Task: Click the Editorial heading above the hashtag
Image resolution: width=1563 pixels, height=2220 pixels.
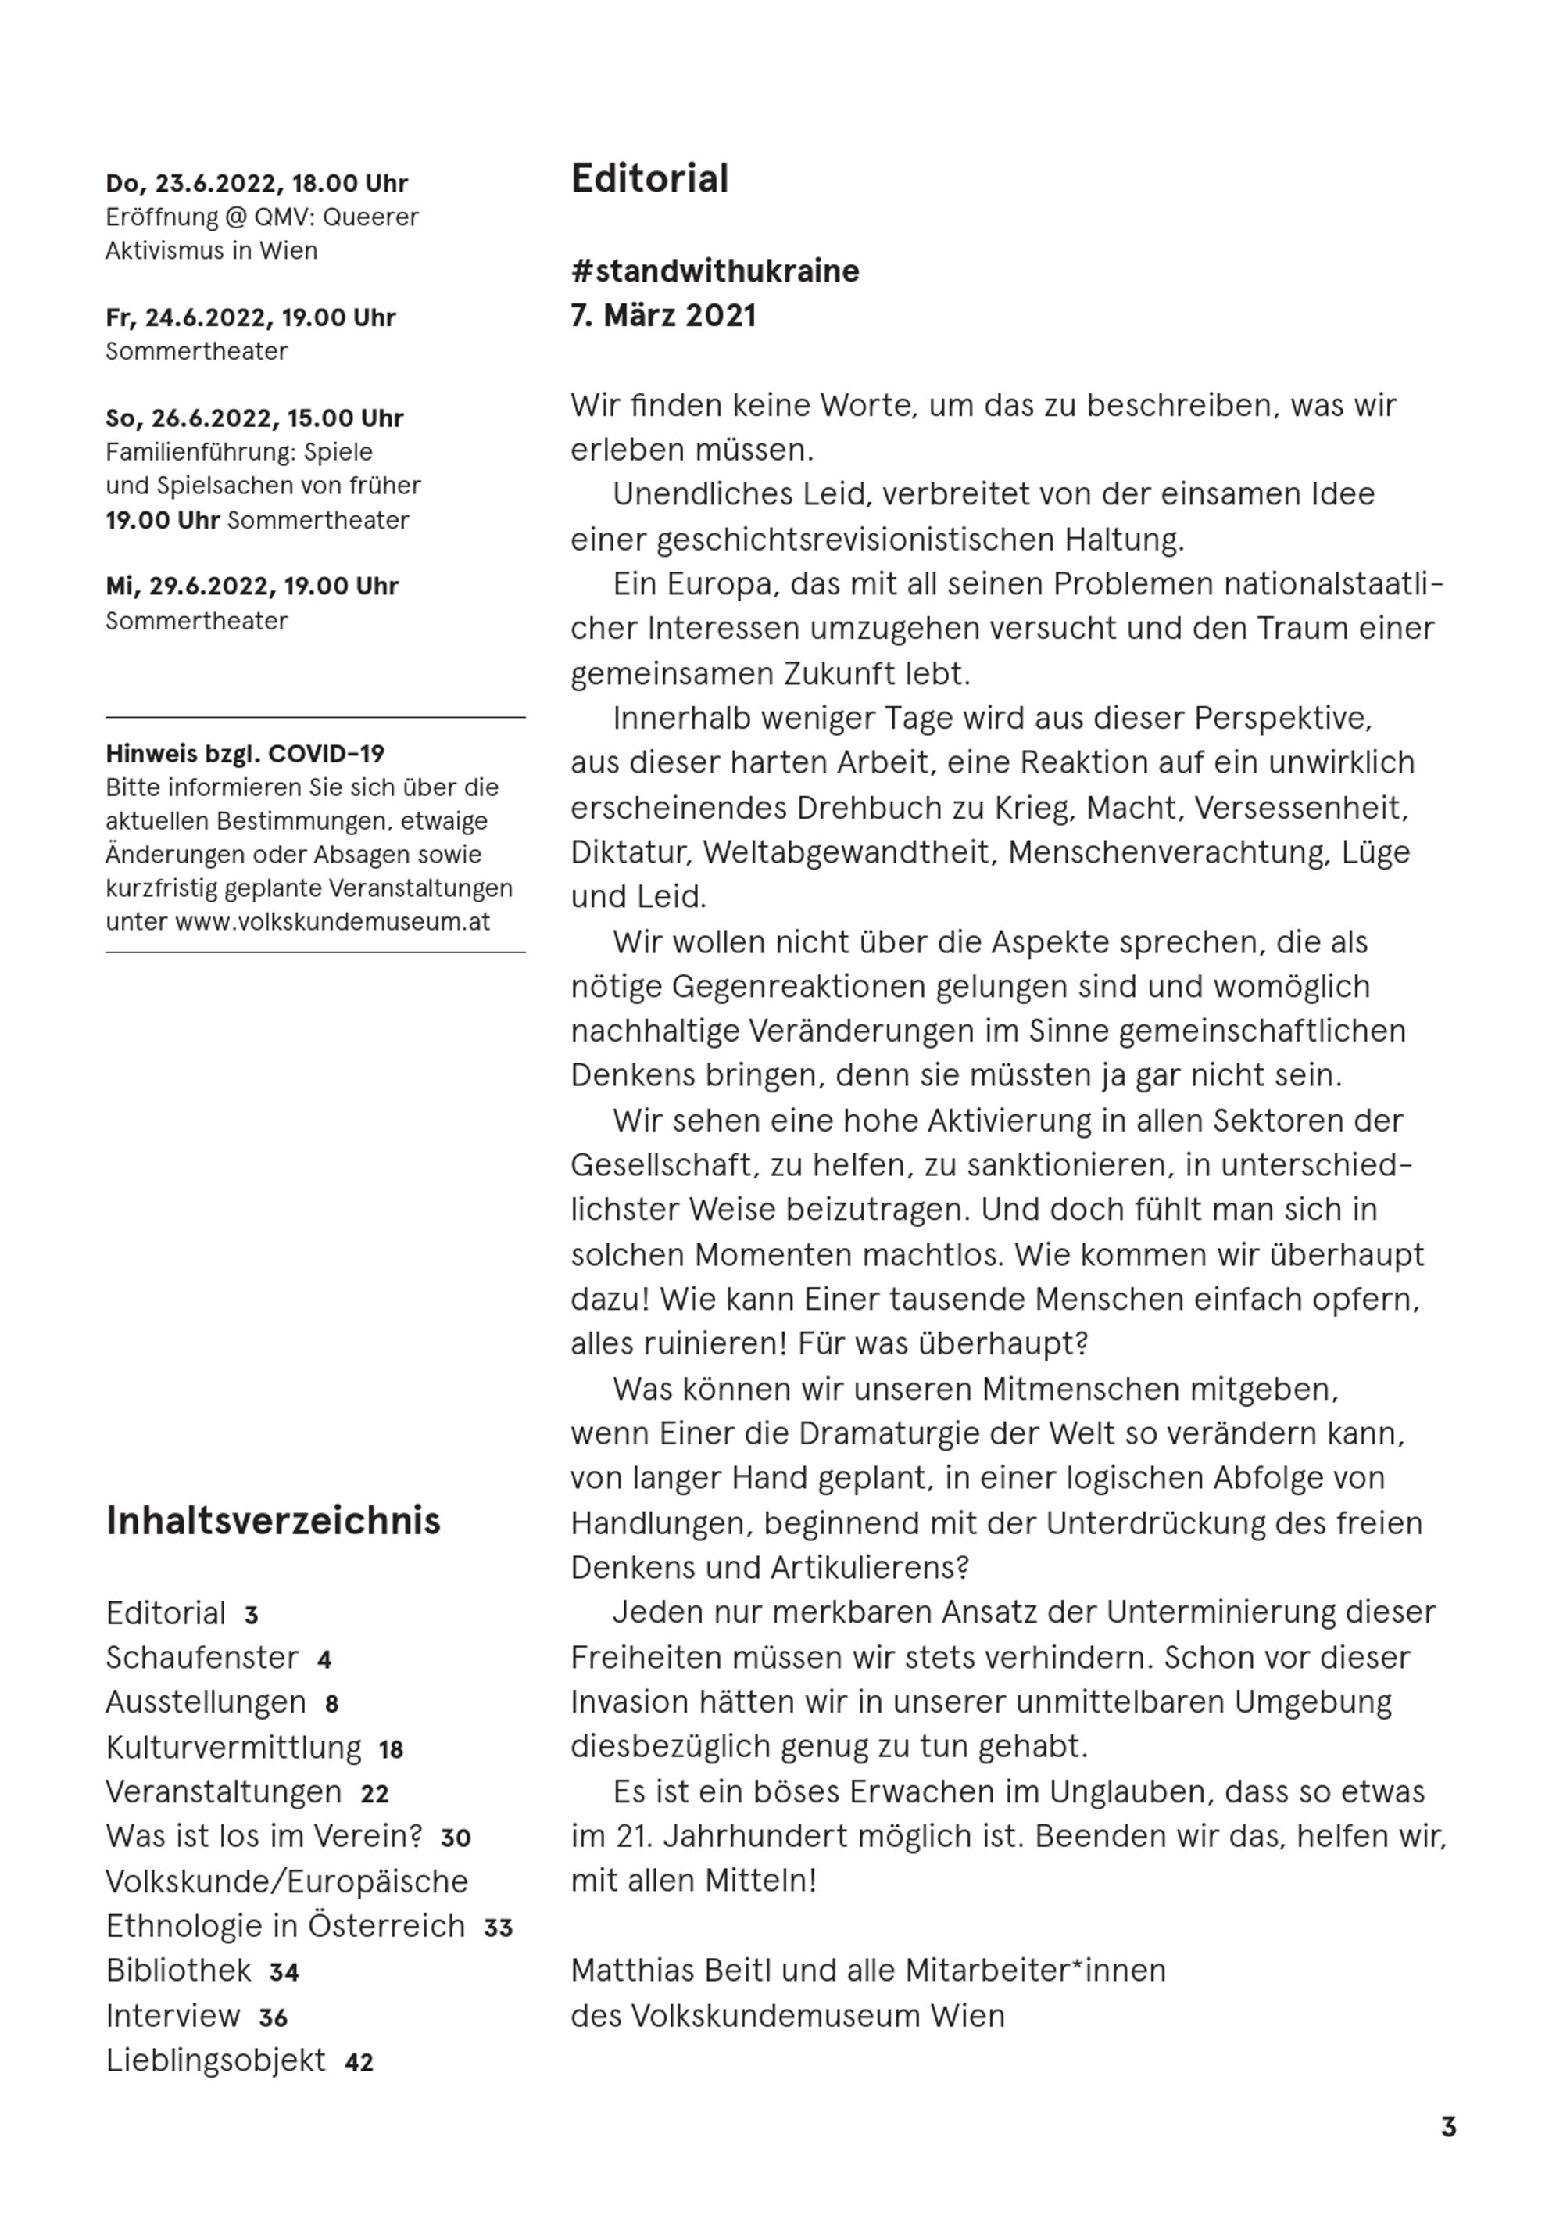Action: [x=649, y=179]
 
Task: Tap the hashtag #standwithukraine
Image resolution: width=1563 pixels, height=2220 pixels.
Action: [x=714, y=271]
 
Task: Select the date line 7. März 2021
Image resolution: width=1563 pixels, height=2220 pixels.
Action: [x=663, y=315]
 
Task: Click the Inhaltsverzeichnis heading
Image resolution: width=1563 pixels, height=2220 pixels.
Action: [x=273, y=1520]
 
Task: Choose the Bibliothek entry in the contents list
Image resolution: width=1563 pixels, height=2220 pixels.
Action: [x=179, y=1970]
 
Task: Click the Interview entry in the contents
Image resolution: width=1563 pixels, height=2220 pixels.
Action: [x=173, y=2015]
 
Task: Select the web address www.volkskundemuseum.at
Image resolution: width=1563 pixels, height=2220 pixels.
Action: [x=332, y=921]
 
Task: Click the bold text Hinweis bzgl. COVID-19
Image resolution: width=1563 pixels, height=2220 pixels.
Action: [x=245, y=753]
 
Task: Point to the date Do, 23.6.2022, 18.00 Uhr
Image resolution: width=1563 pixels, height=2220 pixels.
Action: [x=256, y=184]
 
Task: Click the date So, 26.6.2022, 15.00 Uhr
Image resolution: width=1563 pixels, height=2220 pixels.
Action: [x=254, y=418]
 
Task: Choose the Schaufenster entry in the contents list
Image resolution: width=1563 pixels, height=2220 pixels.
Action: [x=202, y=1657]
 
